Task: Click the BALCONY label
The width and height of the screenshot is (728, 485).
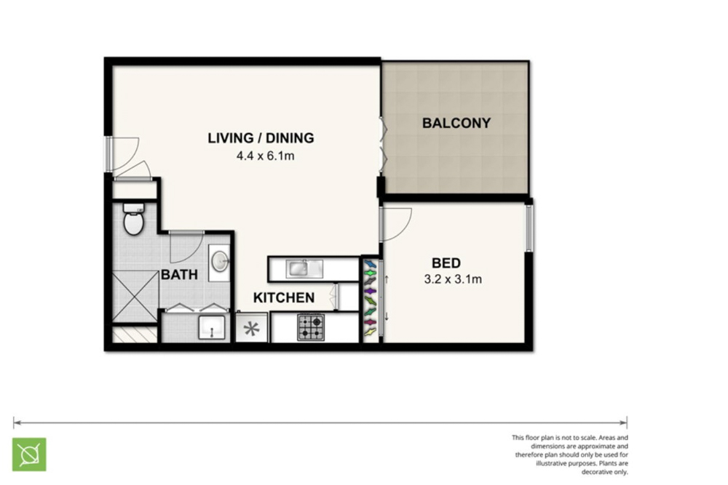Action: click(456, 123)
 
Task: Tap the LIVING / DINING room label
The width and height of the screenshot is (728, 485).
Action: click(261, 137)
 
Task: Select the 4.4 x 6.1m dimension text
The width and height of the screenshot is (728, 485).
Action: click(265, 156)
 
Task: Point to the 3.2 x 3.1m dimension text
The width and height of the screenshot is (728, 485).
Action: click(453, 279)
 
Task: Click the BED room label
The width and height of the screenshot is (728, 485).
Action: click(446, 263)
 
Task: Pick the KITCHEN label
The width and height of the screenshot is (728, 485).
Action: click(284, 297)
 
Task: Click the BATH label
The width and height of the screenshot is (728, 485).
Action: click(179, 274)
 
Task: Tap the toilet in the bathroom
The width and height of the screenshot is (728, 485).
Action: click(133, 219)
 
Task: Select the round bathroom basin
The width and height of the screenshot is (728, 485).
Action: click(220, 262)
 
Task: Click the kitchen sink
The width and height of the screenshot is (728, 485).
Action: click(304, 268)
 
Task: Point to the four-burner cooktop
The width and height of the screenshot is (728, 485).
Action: click(311, 327)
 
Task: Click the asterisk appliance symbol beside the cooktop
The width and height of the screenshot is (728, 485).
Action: click(251, 329)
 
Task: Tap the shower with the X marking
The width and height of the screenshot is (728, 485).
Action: click(135, 297)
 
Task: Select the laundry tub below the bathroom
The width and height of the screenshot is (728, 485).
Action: click(212, 327)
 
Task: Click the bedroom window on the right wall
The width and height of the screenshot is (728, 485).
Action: click(529, 228)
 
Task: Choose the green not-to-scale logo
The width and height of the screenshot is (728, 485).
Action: click(29, 454)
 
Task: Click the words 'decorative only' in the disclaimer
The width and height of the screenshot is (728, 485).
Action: click(604, 472)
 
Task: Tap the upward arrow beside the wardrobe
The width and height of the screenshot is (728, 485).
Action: click(387, 280)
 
